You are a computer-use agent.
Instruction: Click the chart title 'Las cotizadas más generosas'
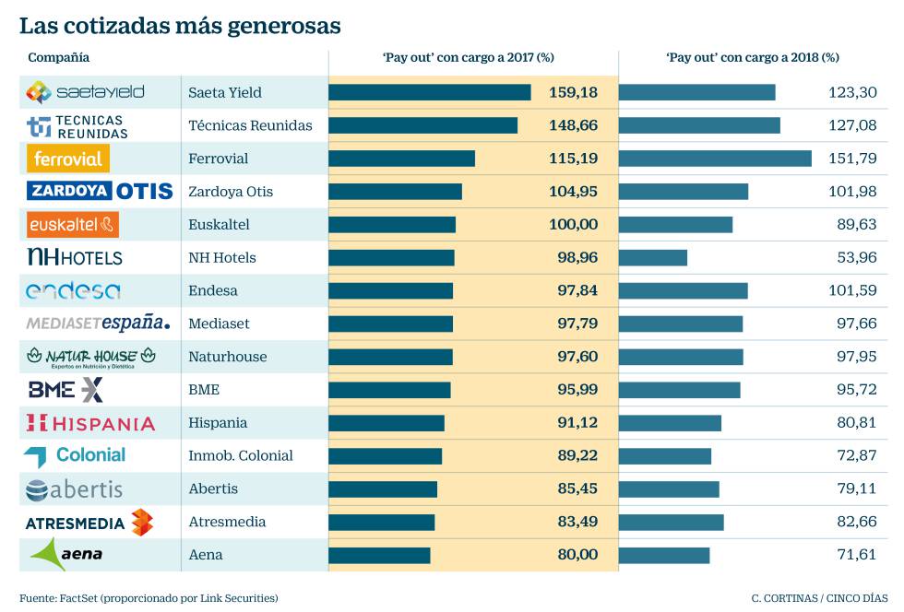tap(180, 26)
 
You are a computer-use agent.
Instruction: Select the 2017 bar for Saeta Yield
tap(429, 92)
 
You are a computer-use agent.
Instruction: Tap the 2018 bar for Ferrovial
tap(715, 159)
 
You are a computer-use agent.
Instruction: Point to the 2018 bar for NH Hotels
tap(653, 257)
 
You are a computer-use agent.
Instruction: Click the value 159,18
tap(573, 92)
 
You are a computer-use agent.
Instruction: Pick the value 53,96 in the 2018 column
tap(857, 257)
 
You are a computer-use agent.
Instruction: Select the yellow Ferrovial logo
tap(68, 159)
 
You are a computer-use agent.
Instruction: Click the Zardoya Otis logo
tap(101, 192)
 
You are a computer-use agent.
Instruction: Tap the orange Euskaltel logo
tap(73, 225)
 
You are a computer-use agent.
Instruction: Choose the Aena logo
tap(66, 554)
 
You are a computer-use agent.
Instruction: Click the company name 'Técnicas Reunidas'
tap(250, 125)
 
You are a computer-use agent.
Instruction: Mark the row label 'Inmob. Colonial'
tap(240, 455)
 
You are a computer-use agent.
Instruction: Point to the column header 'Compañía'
tap(59, 57)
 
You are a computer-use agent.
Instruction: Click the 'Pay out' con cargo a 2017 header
tap(468, 57)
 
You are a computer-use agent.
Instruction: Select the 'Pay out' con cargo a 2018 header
tap(752, 57)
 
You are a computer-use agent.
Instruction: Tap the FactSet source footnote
tap(149, 597)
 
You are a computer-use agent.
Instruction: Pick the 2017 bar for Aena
tap(379, 555)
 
